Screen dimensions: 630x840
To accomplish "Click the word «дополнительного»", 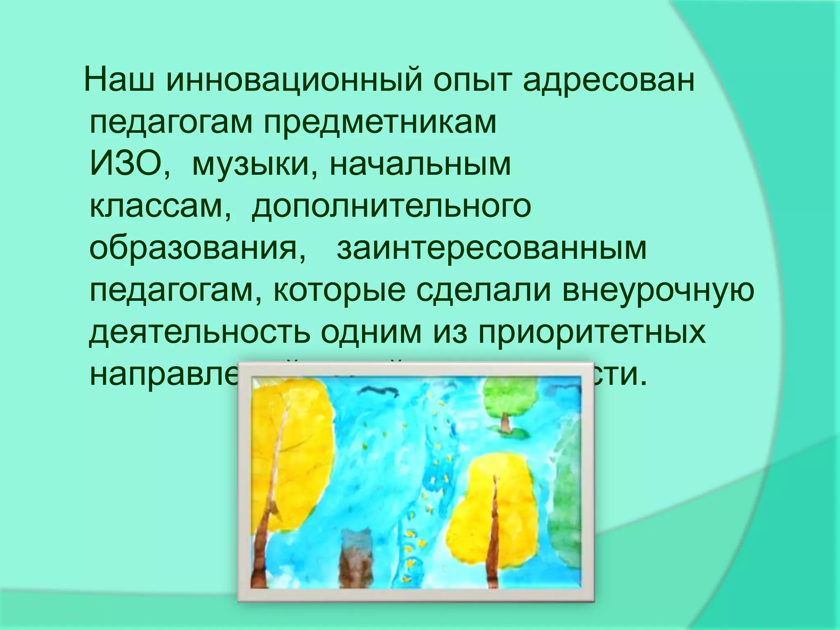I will [391, 208].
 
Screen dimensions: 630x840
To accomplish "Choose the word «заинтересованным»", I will [491, 249].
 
